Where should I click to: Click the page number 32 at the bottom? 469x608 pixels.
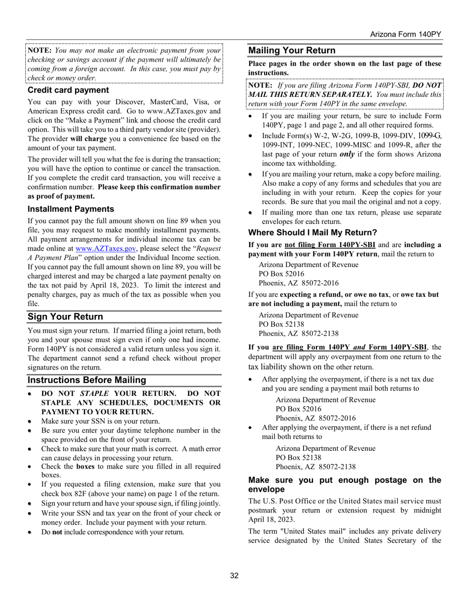click(234, 575)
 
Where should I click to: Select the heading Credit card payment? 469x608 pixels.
click(68, 90)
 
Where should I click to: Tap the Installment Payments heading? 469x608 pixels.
click(71, 209)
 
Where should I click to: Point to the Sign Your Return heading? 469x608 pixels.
click(65, 317)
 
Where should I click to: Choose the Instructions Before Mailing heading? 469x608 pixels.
click(87, 380)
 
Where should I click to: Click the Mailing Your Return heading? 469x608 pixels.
click(292, 50)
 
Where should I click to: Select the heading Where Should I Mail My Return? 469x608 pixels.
click(313, 232)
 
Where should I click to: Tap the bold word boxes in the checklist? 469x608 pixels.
click(85, 466)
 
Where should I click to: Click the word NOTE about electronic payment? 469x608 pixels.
click(39, 50)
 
